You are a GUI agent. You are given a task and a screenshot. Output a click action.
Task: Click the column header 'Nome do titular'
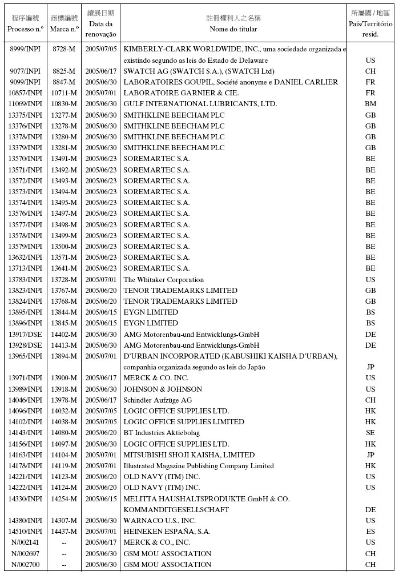pyautogui.click(x=233, y=29)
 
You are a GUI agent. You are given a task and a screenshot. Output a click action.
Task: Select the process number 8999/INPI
pyautogui.click(x=25, y=49)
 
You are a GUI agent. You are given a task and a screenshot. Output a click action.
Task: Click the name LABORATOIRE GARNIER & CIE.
pyautogui.click(x=181, y=93)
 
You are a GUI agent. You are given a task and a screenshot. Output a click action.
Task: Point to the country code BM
pyautogui.click(x=370, y=104)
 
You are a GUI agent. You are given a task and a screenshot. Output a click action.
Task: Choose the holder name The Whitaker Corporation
pyautogui.click(x=163, y=280)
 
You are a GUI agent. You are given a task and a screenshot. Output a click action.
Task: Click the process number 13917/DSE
pyautogui.click(x=25, y=335)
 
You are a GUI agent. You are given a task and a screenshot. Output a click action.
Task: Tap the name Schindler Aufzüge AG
pyautogui.click(x=158, y=400)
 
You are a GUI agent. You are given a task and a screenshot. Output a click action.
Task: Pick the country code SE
pyautogui.click(x=370, y=433)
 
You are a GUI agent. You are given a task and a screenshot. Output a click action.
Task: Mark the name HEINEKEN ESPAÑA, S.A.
pyautogui.click(x=167, y=532)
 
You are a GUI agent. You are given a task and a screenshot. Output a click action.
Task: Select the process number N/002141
pyautogui.click(x=25, y=542)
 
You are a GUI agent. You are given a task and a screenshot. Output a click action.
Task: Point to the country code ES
pyautogui.click(x=370, y=532)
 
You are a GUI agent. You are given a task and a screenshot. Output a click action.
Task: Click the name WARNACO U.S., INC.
pyautogui.click(x=159, y=521)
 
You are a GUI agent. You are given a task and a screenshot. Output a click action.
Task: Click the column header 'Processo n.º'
pyautogui.click(x=25, y=29)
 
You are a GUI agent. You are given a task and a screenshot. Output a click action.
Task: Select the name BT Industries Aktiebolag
pyautogui.click(x=162, y=433)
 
